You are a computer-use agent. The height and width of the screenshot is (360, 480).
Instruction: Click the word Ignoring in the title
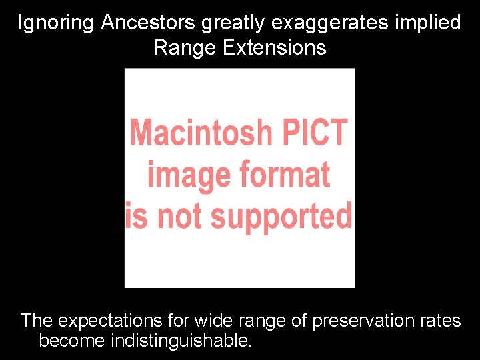57,23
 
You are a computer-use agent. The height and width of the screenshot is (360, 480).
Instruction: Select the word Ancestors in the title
148,23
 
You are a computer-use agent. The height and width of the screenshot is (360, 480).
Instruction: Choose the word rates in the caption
440,321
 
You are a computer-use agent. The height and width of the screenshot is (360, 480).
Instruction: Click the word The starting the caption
37,321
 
